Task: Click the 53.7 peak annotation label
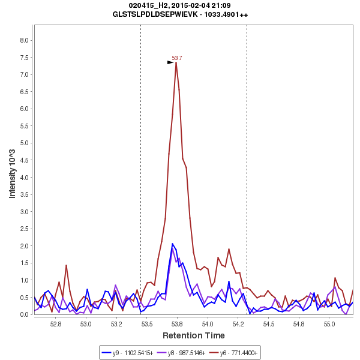(177, 58)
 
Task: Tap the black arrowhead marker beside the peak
(170, 62)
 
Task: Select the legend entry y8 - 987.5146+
(186, 353)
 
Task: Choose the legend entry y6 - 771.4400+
(238, 353)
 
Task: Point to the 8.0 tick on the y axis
(25, 40)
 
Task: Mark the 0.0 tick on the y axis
(25, 314)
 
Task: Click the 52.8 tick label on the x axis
(56, 324)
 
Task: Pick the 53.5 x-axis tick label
(147, 324)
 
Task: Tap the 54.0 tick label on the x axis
(208, 324)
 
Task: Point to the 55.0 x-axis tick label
(329, 324)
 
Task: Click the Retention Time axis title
(193, 335)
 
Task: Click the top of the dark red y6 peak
(176, 62)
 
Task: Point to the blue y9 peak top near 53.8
(173, 244)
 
